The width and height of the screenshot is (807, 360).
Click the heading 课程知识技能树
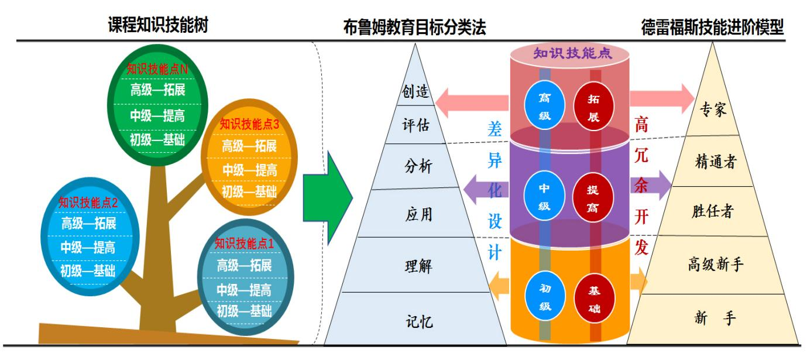(158, 25)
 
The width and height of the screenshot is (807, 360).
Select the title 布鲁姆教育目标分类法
(414, 28)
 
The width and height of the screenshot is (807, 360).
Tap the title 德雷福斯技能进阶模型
(712, 28)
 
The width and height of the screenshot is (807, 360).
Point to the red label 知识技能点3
(249, 124)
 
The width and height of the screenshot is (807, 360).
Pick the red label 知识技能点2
(88, 203)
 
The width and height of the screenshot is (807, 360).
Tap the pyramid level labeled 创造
(416, 92)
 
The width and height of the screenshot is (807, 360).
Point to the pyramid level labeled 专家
(713, 110)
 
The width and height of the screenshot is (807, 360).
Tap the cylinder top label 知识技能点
(572, 54)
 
